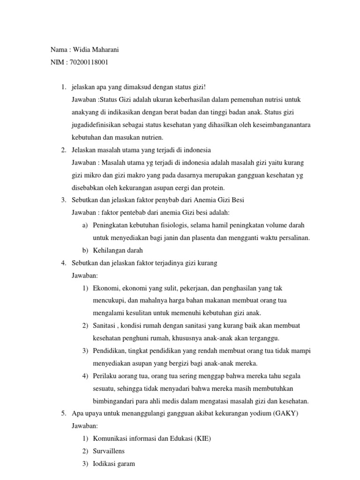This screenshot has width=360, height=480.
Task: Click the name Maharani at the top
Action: tap(110, 49)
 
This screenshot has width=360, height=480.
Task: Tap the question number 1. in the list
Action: tap(63, 88)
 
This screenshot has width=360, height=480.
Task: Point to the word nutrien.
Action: tap(150, 137)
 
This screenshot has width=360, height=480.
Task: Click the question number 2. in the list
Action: tap(63, 150)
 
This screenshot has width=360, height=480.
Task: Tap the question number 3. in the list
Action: tap(63, 200)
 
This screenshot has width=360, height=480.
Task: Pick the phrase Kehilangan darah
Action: tap(118, 250)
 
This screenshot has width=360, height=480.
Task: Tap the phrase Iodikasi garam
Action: tap(114, 464)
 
